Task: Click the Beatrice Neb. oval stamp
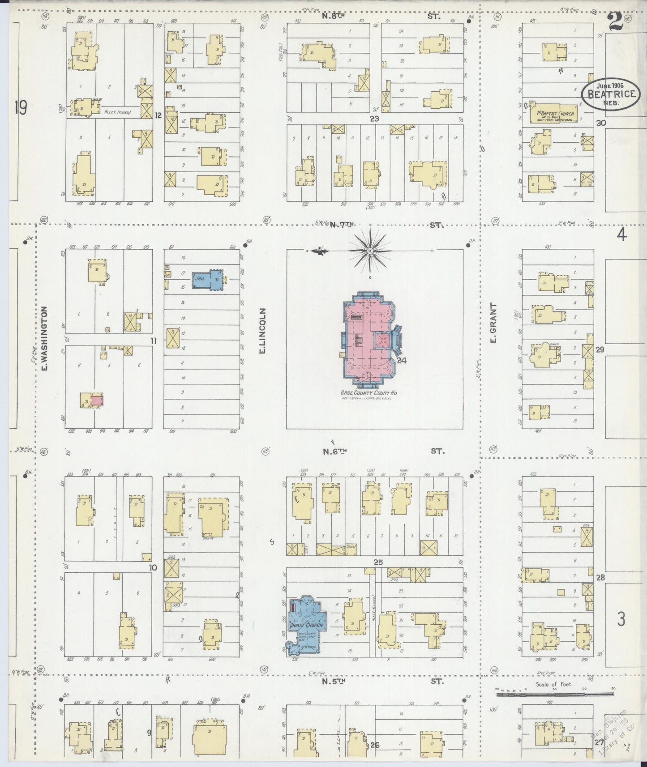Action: coord(610,94)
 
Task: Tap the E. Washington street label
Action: coord(44,339)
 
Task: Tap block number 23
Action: coord(374,119)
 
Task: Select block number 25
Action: coord(378,562)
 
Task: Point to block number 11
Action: coord(154,341)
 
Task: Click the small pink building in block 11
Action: coord(98,400)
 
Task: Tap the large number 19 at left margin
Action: coord(21,108)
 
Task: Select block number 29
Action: coord(600,349)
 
